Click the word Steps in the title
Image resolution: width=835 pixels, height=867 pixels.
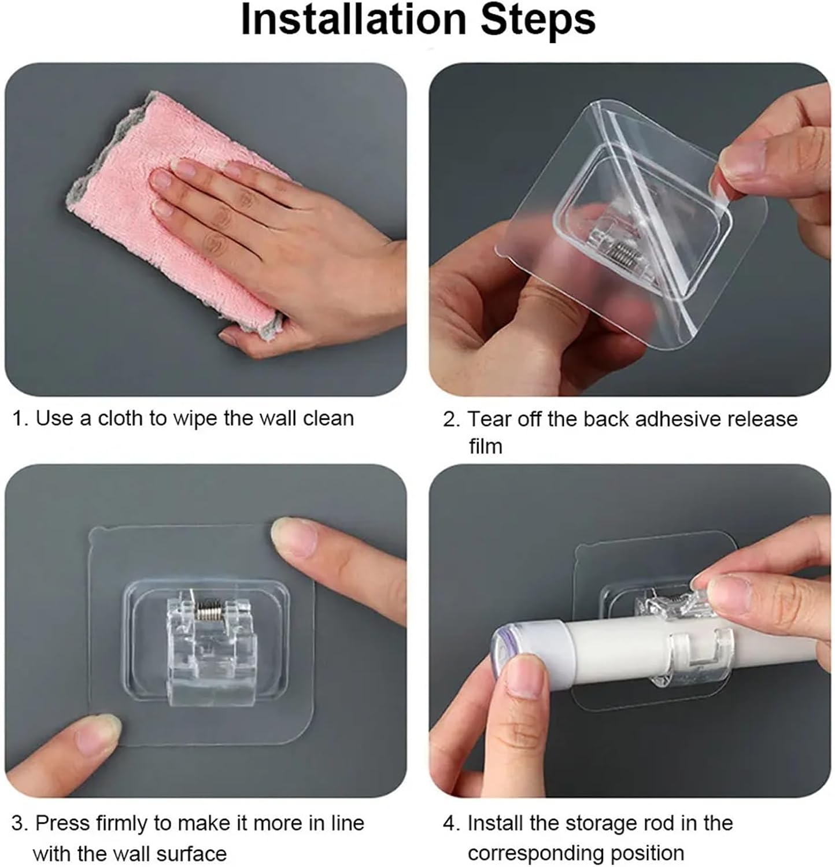538,20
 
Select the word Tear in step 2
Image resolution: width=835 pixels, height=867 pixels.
489,419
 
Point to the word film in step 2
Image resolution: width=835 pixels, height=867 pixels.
486,446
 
